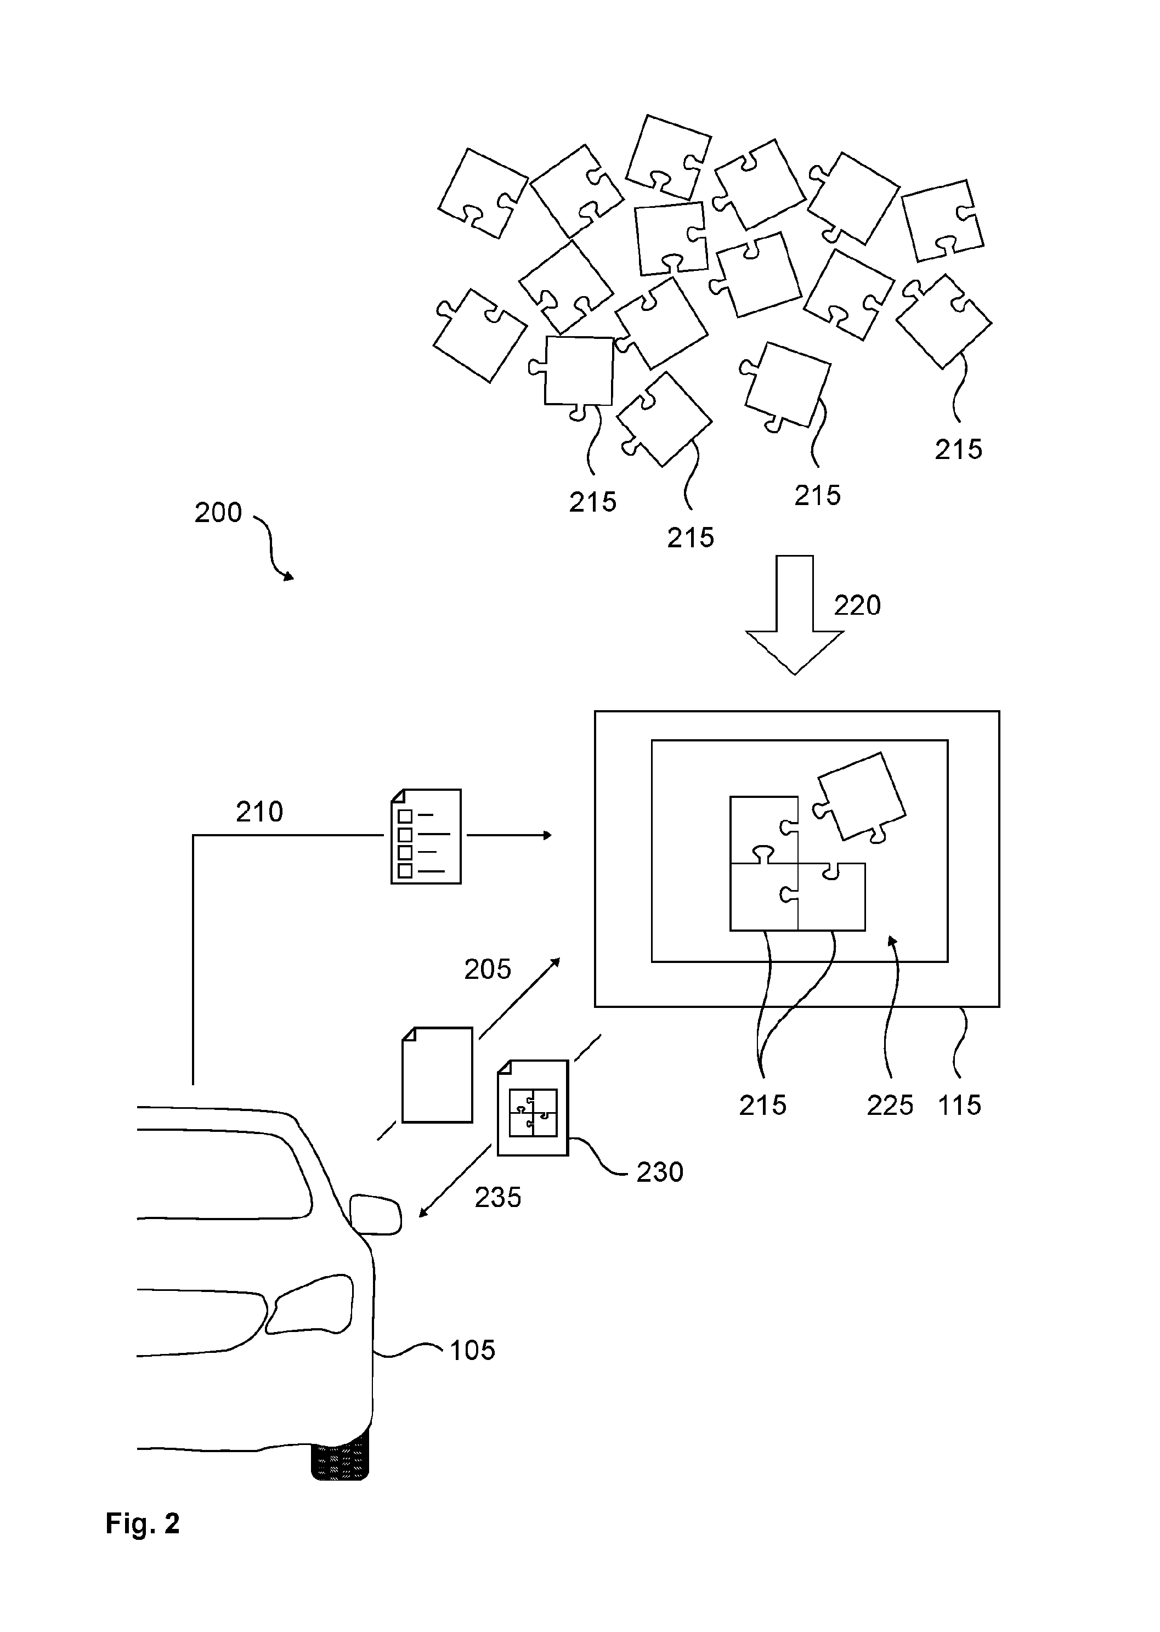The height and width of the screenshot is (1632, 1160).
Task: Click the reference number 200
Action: click(219, 512)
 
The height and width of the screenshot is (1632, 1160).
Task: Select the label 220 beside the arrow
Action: click(857, 605)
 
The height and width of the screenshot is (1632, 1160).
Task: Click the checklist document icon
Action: click(426, 836)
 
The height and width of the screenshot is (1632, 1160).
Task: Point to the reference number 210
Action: click(259, 812)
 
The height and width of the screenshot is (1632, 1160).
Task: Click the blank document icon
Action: click(437, 1075)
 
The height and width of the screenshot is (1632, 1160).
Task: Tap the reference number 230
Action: click(660, 1172)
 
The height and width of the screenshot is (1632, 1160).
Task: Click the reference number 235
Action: click(498, 1198)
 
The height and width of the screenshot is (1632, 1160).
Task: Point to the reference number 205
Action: click(488, 969)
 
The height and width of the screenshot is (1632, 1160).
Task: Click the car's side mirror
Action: click(376, 1214)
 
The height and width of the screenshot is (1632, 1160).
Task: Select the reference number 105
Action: click(472, 1351)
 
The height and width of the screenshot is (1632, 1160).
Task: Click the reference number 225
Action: click(890, 1105)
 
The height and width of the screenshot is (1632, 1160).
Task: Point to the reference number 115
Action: click(959, 1105)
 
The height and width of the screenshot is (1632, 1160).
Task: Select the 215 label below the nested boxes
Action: click(763, 1105)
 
